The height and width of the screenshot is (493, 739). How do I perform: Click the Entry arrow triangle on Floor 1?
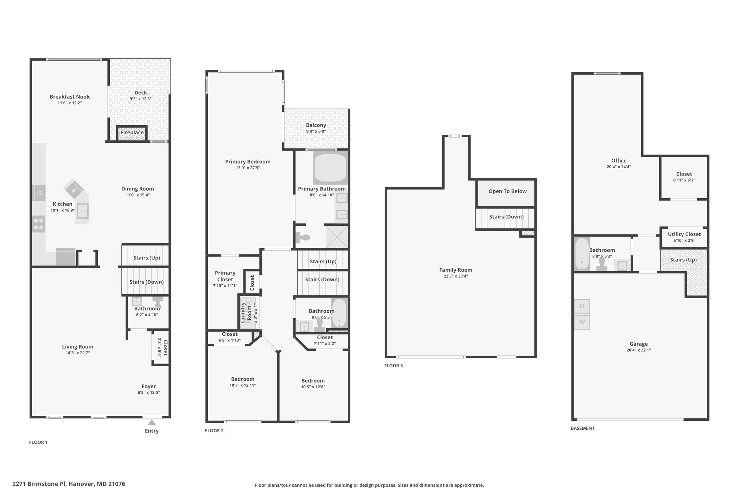[152, 422]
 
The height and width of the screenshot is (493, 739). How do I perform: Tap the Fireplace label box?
[132, 133]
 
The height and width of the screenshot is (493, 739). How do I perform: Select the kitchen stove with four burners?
[39, 224]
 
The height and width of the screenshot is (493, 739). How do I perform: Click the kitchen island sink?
[83, 211]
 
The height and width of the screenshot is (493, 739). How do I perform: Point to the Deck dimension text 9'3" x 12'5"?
[141, 99]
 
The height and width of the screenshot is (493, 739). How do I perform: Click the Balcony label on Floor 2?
[316, 125]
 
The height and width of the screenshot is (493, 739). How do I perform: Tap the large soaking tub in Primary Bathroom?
[330, 168]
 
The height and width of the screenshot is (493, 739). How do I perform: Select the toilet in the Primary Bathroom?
[303, 237]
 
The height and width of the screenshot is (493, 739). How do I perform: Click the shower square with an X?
[337, 237]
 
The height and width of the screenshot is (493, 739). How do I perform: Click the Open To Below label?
[507, 191]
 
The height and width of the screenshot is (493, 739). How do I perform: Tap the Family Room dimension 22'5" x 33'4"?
[456, 276]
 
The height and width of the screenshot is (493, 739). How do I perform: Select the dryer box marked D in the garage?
[582, 307]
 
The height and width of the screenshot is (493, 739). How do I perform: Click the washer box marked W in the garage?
[582, 322]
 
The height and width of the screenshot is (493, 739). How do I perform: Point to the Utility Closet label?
[684, 234]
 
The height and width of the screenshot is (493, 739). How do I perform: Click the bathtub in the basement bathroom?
[582, 254]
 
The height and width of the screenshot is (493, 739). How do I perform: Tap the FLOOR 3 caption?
[394, 366]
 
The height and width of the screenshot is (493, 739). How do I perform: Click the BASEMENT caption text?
[582, 428]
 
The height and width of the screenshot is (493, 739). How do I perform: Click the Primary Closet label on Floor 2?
[225, 276]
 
